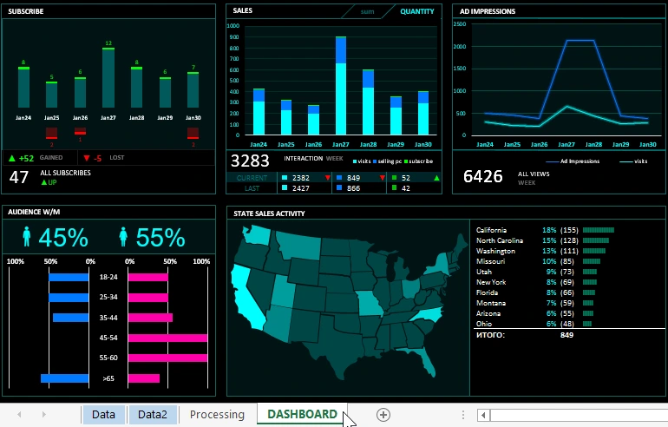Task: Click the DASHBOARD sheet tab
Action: click(x=302, y=415)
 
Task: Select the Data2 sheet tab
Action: click(x=153, y=415)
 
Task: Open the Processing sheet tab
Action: click(x=217, y=415)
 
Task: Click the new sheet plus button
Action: click(x=383, y=415)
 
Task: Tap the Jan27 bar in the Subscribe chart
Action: click(x=108, y=78)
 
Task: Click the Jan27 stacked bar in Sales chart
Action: click(x=341, y=87)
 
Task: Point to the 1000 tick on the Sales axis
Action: click(x=233, y=26)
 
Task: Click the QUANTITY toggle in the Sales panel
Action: click(x=417, y=11)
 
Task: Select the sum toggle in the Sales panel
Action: click(x=368, y=11)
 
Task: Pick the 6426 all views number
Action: click(x=483, y=176)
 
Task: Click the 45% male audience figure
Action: click(x=63, y=238)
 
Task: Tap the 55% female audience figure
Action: click(x=160, y=238)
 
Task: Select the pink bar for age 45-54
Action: click(x=167, y=338)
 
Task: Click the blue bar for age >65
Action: click(x=65, y=378)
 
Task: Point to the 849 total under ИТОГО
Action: click(x=566, y=334)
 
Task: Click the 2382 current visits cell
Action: click(x=301, y=178)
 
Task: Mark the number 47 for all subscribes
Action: click(x=19, y=177)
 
